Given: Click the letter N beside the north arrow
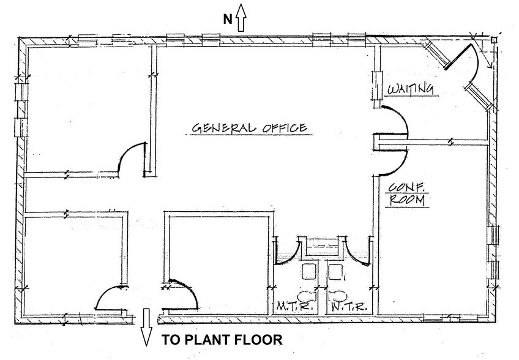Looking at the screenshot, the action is (x=228, y=20).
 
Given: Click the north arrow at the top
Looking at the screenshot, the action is (x=241, y=17).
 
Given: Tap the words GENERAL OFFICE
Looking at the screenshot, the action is (x=250, y=127).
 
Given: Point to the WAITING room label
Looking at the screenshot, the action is (x=411, y=89).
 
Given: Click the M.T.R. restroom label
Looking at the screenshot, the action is (x=294, y=307).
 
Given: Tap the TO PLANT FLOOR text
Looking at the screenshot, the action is (x=222, y=340).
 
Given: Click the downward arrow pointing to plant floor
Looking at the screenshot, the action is (x=146, y=327).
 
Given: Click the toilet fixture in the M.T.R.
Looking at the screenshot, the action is (x=308, y=294).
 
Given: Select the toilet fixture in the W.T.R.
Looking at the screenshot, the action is (x=336, y=294).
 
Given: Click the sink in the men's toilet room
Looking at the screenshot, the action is (x=309, y=272).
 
